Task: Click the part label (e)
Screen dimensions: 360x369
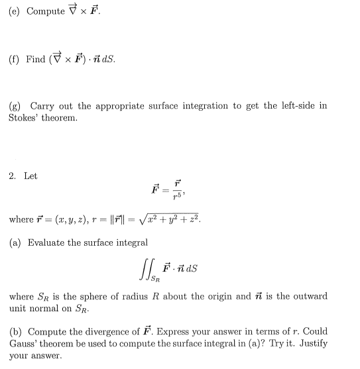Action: tap(15, 11)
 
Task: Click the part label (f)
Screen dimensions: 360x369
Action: tap(14, 58)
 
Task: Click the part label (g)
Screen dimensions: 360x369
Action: tap(15, 106)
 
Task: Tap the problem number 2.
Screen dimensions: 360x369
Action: tap(13, 176)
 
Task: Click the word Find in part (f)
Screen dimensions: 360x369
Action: tap(36, 58)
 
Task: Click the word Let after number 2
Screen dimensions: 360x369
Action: tap(30, 176)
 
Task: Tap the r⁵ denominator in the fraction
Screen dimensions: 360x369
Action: tap(176, 197)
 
